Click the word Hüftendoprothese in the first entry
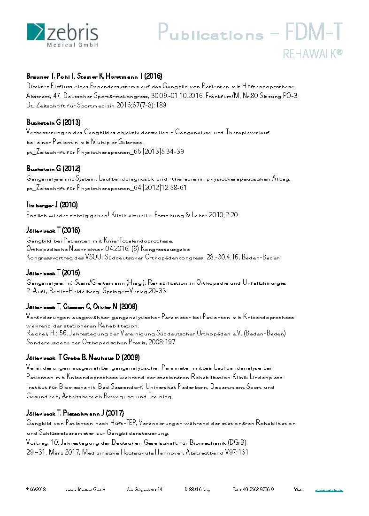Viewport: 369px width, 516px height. click(x=269, y=86)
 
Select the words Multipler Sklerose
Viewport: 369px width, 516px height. click(x=118, y=142)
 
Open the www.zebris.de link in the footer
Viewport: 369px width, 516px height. click(x=329, y=490)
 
